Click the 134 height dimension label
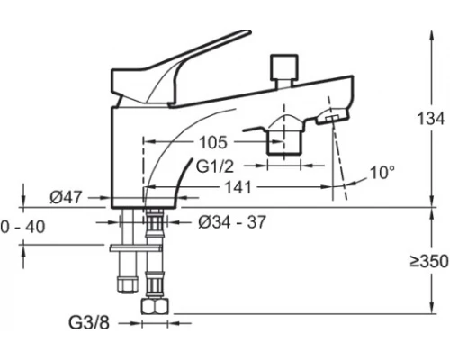click(x=431, y=119)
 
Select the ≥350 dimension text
click(x=429, y=261)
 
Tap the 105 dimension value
click(x=213, y=142)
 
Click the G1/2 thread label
click(x=215, y=166)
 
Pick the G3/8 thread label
click(x=89, y=323)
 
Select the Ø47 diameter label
click(x=66, y=198)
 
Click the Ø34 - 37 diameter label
click(x=232, y=222)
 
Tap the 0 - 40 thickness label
click(x=22, y=227)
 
